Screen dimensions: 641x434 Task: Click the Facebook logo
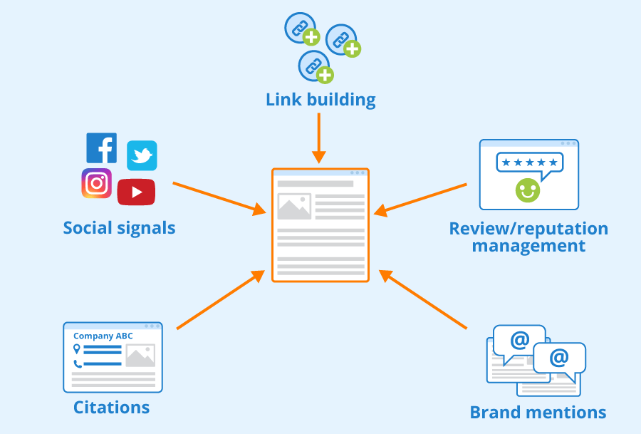point(101,148)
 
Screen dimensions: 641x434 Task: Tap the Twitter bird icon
point(142,155)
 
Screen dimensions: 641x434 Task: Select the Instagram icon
point(96,183)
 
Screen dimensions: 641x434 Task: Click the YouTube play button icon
point(136,192)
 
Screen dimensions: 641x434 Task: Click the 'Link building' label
point(320,100)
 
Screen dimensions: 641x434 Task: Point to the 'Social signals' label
point(119,228)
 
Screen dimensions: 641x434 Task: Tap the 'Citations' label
point(111,408)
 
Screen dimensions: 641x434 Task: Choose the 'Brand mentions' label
point(538,413)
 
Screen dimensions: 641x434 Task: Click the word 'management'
point(528,246)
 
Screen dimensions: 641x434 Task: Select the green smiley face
point(527,190)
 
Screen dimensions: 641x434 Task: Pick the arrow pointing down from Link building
point(319,138)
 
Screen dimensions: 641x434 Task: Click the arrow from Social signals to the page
point(219,198)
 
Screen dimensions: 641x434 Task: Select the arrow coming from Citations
point(221,299)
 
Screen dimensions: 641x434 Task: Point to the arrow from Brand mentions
point(422,299)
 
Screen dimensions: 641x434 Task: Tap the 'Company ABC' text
point(103,336)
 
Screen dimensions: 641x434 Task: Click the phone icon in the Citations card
point(78,363)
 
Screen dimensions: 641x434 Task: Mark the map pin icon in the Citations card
point(76,349)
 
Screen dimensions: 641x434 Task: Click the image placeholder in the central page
point(294,206)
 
